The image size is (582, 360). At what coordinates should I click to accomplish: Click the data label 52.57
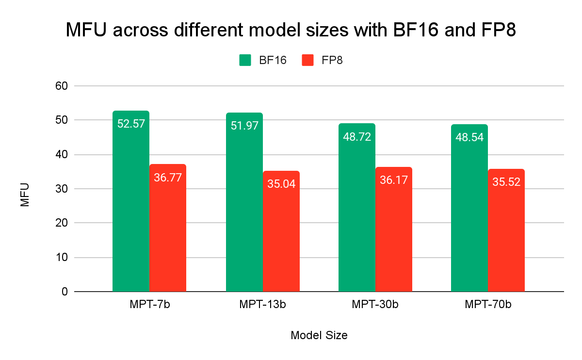(x=131, y=124)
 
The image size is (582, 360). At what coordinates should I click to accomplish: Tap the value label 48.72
(x=357, y=136)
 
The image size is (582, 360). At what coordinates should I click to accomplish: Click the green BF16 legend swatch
(x=245, y=60)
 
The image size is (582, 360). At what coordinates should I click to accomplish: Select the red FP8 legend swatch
(x=307, y=60)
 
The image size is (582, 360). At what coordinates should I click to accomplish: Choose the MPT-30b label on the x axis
(x=375, y=305)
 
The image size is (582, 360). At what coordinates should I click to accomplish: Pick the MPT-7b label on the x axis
(x=149, y=305)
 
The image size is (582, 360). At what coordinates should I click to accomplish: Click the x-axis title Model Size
(x=319, y=335)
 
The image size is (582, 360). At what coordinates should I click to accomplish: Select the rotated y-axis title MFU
(x=25, y=195)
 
